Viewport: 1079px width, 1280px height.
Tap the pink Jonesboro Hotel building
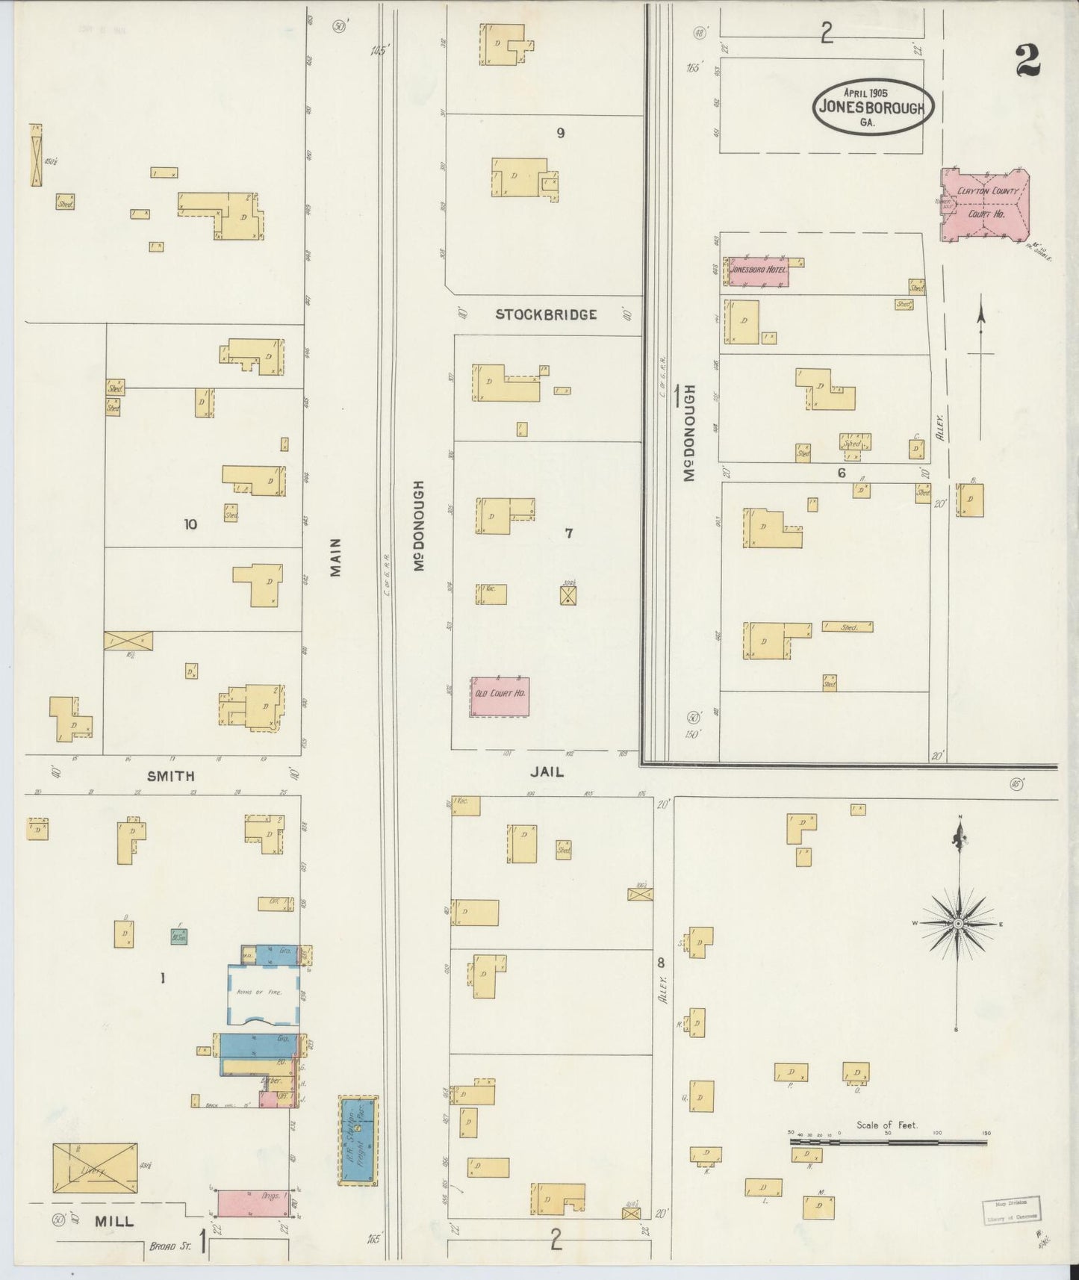click(x=759, y=271)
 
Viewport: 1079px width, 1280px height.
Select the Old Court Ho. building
click(x=500, y=695)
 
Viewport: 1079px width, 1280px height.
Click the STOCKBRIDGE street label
click(x=547, y=314)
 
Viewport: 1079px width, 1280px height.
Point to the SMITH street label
click(x=171, y=776)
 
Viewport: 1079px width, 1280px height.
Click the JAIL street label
click(x=547, y=772)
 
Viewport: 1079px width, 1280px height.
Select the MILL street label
click(x=114, y=1222)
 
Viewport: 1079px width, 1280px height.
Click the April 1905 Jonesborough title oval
click(x=873, y=107)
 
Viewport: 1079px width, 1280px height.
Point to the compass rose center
click(x=958, y=924)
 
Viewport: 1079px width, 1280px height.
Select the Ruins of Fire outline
click(x=264, y=995)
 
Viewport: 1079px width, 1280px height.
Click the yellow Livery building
click(x=95, y=1167)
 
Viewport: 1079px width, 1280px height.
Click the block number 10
click(x=190, y=524)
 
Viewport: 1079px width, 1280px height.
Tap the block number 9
click(x=560, y=133)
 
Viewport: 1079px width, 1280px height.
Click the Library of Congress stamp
click(x=1010, y=1208)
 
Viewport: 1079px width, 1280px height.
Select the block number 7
click(x=569, y=532)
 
